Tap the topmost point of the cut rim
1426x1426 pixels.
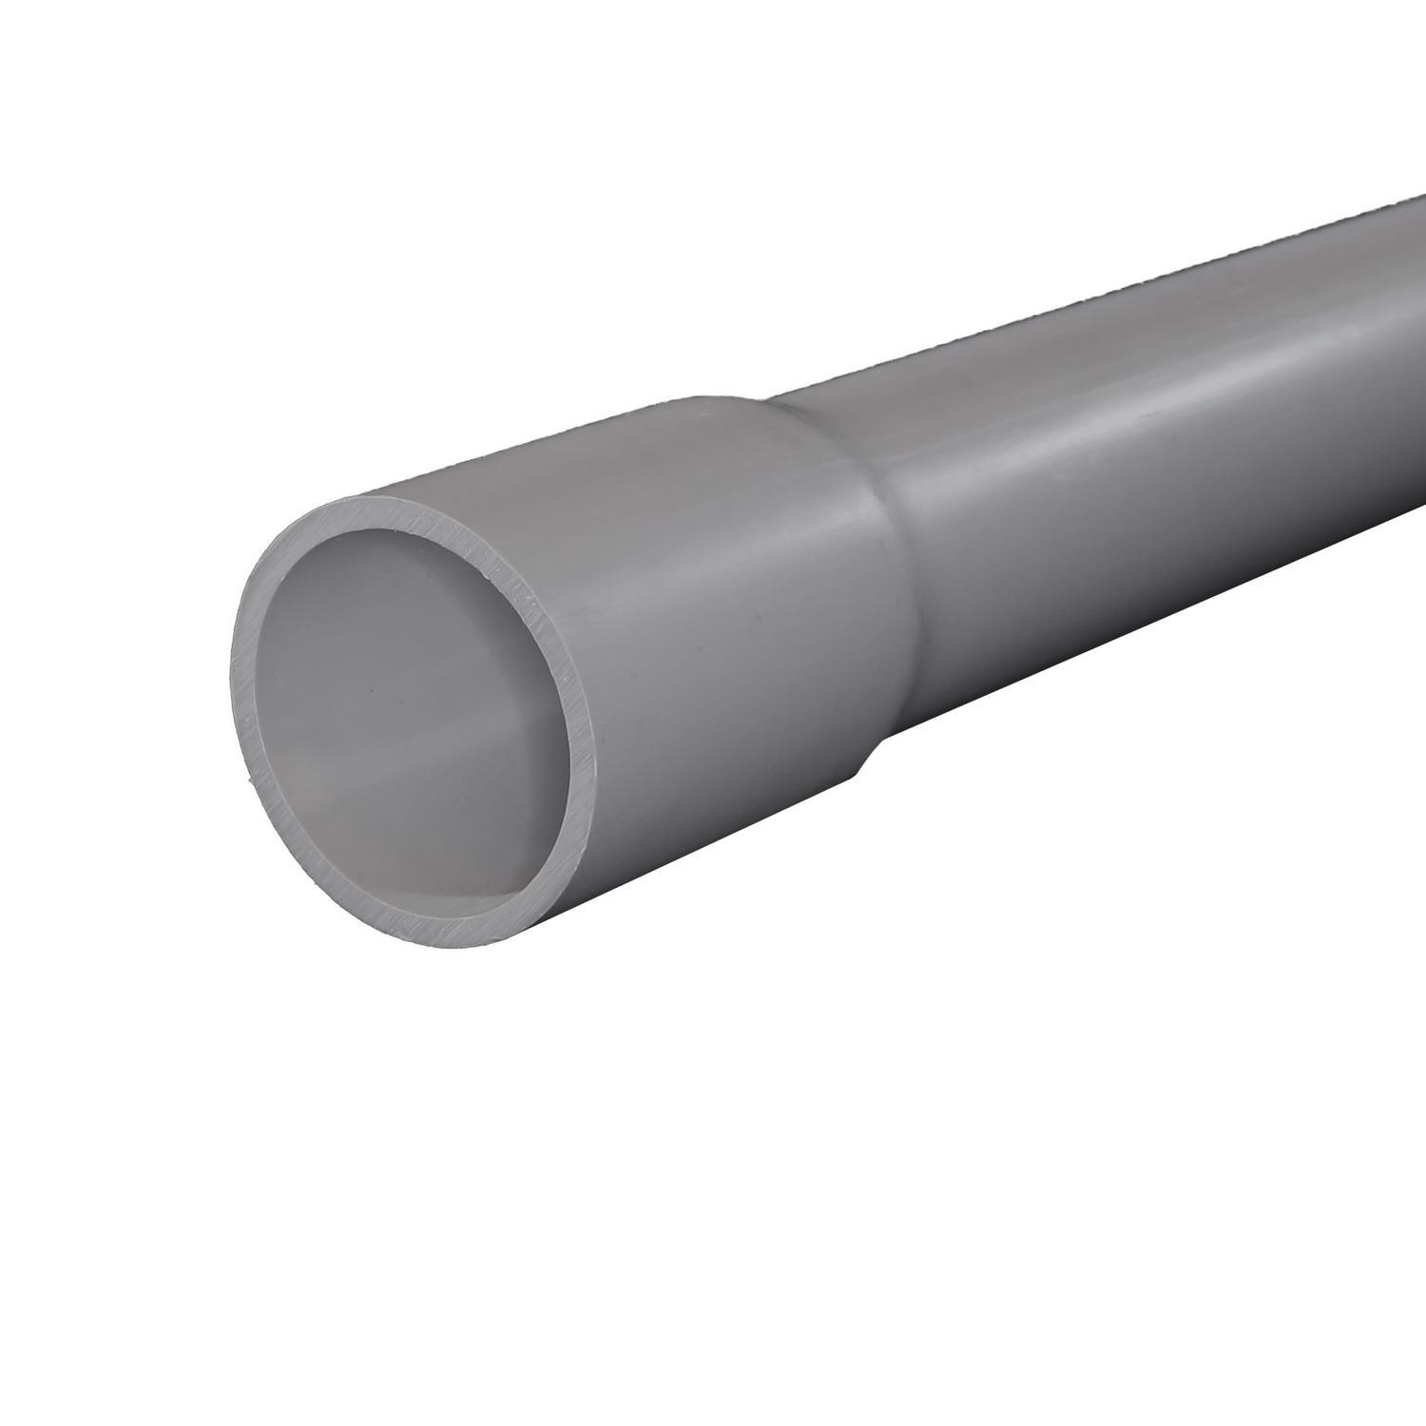(x=380, y=495)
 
